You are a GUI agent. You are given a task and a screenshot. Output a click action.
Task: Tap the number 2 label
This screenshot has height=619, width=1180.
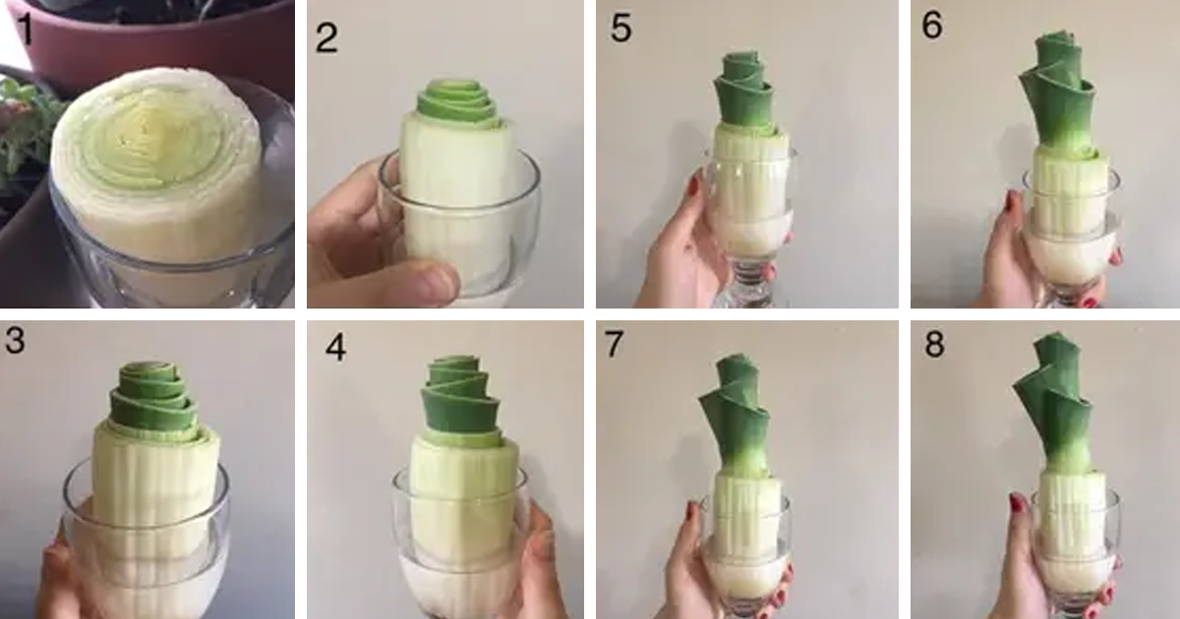pyautogui.click(x=326, y=38)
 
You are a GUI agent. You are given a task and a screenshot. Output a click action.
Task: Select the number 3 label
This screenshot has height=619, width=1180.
pyautogui.click(x=15, y=340)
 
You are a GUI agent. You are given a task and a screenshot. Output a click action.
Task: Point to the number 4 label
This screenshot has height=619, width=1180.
pyautogui.click(x=336, y=348)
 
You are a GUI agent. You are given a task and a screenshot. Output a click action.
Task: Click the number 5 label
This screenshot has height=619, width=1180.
pyautogui.click(x=620, y=28)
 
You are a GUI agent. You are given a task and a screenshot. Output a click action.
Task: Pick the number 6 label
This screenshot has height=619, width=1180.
pyautogui.click(x=932, y=25)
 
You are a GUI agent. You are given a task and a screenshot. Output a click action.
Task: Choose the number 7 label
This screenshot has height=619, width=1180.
pyautogui.click(x=614, y=344)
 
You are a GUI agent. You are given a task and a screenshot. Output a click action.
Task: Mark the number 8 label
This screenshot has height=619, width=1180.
pyautogui.click(x=934, y=344)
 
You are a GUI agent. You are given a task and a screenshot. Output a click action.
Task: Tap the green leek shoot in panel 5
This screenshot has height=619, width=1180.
pyautogui.click(x=743, y=92)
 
